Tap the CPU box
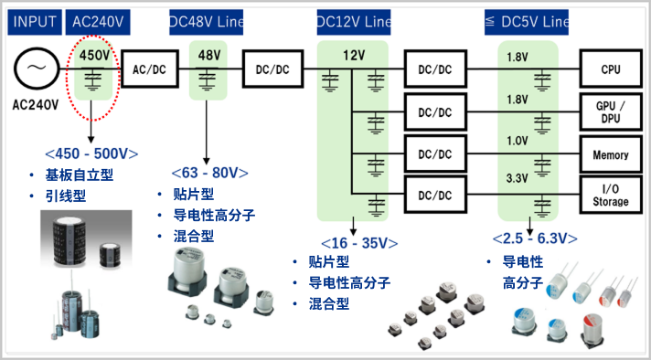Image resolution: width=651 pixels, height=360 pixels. pyautogui.click(x=611, y=69)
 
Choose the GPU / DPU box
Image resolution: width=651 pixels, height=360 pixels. pyautogui.click(x=611, y=112)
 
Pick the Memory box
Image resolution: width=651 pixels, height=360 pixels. pyautogui.click(x=611, y=154)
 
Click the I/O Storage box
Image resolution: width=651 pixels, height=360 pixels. pyautogui.click(x=611, y=195)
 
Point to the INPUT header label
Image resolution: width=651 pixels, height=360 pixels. pyautogui.click(x=35, y=22)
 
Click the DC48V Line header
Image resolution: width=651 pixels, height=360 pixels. pyautogui.click(x=206, y=22)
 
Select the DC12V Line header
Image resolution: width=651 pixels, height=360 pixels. pyautogui.click(x=353, y=22)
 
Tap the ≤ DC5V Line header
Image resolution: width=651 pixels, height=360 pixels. pyautogui.click(x=527, y=22)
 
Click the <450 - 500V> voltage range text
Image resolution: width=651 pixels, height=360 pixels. pyautogui.click(x=91, y=154)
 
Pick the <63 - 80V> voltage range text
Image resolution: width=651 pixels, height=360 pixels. pyautogui.click(x=209, y=173)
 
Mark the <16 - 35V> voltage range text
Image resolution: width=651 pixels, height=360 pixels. pyautogui.click(x=359, y=243)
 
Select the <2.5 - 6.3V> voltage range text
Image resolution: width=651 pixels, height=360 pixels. pyautogui.click(x=535, y=238)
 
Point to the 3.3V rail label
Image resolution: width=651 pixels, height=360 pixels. pyautogui.click(x=517, y=179)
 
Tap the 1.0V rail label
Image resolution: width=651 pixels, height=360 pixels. pyautogui.click(x=517, y=141)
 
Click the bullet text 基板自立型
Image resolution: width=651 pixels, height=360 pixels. pyautogui.click(x=80, y=175)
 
